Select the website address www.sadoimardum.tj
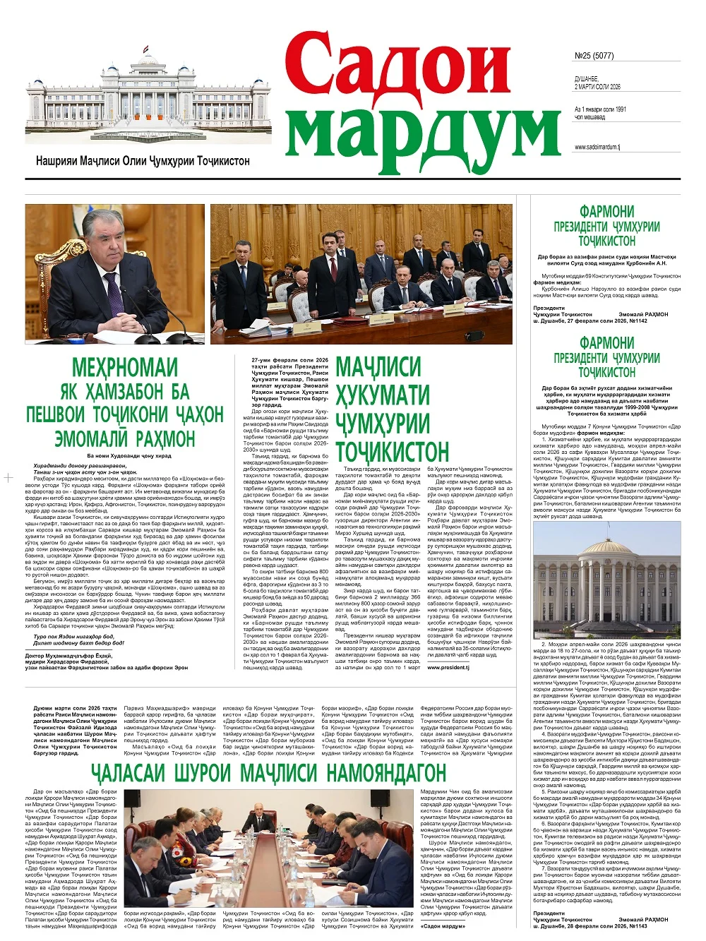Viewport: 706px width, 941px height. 597,148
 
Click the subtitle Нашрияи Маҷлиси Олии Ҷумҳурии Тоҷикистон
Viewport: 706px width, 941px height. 143,161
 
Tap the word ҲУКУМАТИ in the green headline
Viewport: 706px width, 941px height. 383,396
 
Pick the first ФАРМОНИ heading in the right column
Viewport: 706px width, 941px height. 606,212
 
